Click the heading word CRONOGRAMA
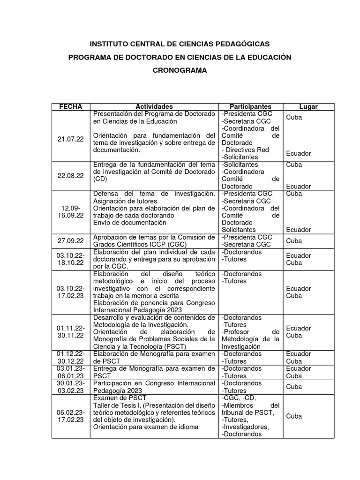pyautogui.click(x=180, y=70)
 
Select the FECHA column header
pyautogui.click(x=70, y=107)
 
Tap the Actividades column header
pyautogui.click(x=154, y=107)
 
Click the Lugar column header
pyautogui.click(x=308, y=107)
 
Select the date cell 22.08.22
pyautogui.click(x=70, y=175)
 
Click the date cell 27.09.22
pyautogui.click(x=70, y=240)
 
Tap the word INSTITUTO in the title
pyautogui.click(x=111, y=44)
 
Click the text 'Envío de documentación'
pyautogui.click(x=129, y=223)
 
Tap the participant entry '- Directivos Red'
pyautogui.click(x=246, y=150)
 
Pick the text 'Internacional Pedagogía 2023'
pyautogui.click(x=137, y=310)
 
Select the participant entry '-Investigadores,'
pyautogui.click(x=245, y=427)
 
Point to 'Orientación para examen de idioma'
pyautogui.click(x=146, y=427)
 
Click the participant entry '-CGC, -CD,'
pyautogui.click(x=239, y=398)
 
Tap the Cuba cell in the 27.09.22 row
pyautogui.click(x=294, y=241)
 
